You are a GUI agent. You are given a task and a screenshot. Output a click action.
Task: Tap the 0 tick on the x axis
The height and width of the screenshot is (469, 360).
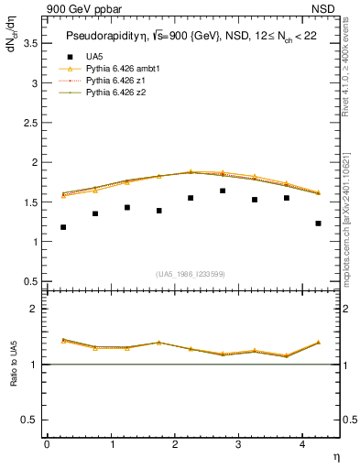[47, 444]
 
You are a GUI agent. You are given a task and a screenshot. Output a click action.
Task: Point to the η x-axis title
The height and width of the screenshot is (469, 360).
[335, 455]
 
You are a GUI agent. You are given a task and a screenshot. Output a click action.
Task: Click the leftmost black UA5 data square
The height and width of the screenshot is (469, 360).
[63, 227]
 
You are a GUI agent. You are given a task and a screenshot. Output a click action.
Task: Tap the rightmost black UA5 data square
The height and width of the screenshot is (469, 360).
[318, 224]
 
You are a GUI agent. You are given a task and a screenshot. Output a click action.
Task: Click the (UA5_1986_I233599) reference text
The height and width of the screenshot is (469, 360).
[191, 275]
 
